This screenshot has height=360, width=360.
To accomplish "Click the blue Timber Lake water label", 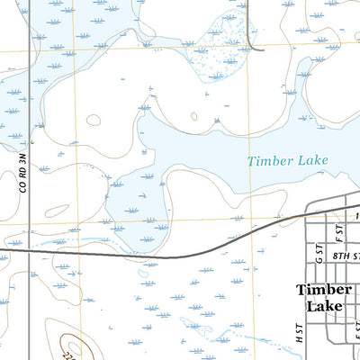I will coord(288,161).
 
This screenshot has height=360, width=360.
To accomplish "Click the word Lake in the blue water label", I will coord(310,161).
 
